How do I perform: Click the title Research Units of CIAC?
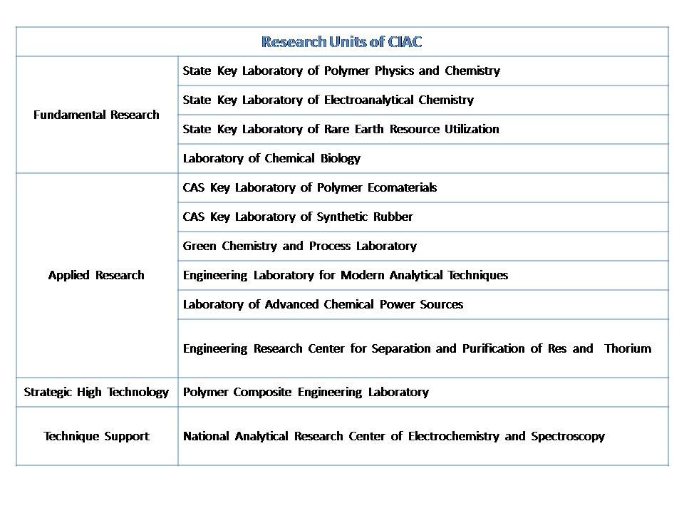341,42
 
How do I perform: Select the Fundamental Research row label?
96,115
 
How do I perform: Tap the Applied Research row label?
96,275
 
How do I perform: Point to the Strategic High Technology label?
96,392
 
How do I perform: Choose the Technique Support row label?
96,436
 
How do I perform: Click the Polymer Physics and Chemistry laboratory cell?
341,71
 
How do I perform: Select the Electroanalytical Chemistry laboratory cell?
328,100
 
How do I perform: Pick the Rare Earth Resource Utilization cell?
341,129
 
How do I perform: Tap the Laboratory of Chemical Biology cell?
271,158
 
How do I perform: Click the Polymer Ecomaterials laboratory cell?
310,187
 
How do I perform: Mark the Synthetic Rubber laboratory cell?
298,217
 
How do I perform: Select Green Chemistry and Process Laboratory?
299,246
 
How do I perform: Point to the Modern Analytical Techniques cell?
346,275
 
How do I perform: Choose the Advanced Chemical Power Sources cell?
323,304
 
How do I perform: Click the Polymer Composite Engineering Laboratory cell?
306,392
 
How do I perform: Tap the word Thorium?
628,348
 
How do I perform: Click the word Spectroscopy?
568,436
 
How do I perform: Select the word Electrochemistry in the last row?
453,436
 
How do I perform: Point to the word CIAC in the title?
405,42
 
